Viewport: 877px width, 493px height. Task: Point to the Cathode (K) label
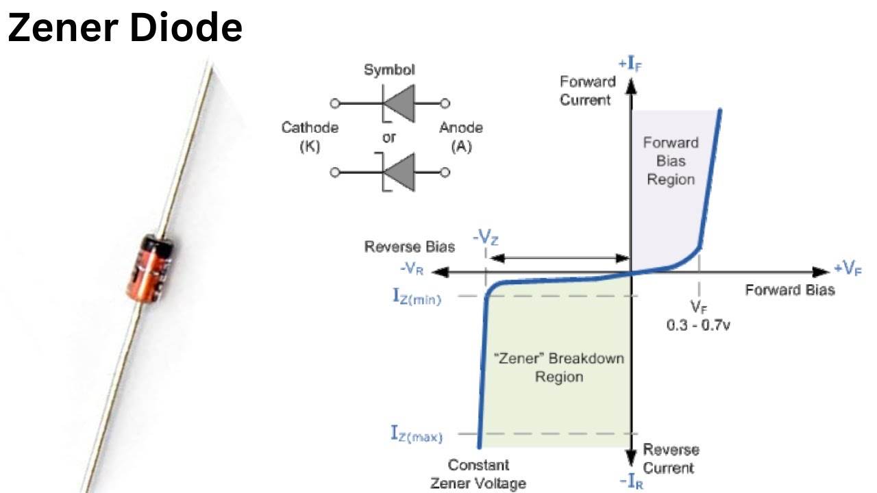[x=310, y=137]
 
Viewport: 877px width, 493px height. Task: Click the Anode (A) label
[x=460, y=137]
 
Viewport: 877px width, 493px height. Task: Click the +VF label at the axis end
[x=847, y=268]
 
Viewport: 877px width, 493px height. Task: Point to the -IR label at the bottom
[x=631, y=482]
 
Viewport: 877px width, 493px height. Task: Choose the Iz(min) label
[x=417, y=296]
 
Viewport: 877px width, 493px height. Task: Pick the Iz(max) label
[x=417, y=434]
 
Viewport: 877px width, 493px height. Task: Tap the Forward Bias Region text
[x=670, y=161]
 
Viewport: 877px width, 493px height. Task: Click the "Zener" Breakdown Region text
[x=558, y=368]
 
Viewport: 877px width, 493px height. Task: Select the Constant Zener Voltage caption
[x=478, y=475]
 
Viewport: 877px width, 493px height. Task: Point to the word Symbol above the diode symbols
[x=389, y=70]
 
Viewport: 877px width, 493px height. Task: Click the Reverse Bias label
[x=410, y=247]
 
